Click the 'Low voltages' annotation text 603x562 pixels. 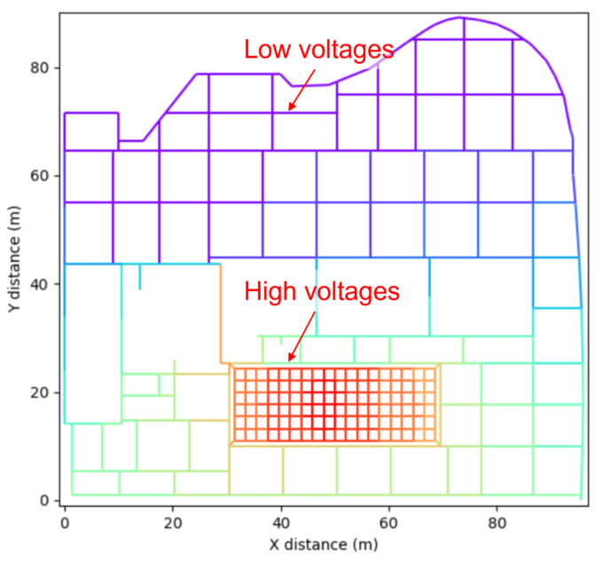click(318, 51)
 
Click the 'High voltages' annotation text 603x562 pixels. click(322, 290)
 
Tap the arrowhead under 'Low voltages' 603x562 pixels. click(289, 110)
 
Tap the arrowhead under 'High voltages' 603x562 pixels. click(289, 360)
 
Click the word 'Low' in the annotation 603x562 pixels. click(264, 51)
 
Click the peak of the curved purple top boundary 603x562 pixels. click(461, 18)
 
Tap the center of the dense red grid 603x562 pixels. click(335, 404)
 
